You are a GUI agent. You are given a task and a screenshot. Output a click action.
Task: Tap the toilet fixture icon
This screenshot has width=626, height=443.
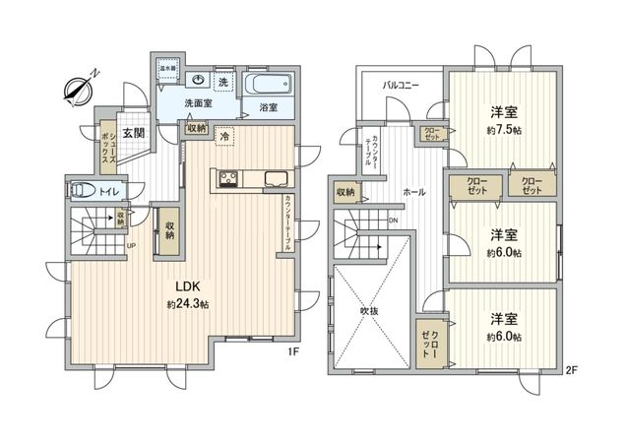pos(83,190)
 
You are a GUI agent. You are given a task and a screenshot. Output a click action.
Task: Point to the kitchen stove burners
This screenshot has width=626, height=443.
pos(227,179)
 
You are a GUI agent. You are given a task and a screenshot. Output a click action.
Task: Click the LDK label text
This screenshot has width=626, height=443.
pos(188,286)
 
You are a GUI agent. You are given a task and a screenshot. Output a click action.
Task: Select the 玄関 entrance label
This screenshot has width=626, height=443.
pos(134,133)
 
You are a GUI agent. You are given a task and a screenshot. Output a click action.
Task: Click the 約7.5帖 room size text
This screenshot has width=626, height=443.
pos(503,128)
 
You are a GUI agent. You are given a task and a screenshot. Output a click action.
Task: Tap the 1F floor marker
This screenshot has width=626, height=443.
pos(291,351)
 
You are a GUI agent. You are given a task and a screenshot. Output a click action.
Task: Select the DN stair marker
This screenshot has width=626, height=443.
pos(393,220)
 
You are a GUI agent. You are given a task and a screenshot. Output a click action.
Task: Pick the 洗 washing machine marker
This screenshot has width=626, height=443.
pos(222,81)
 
